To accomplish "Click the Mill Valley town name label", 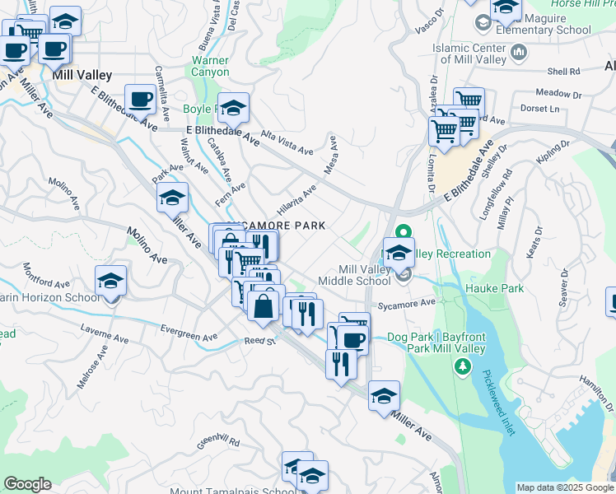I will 82,75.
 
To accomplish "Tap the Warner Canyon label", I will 210,66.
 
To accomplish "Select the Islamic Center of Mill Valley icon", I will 519,54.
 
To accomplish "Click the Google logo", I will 27,484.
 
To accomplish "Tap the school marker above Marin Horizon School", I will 110,282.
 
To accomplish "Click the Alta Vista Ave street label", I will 287,143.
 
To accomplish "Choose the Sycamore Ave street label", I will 405,303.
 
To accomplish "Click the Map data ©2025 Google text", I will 564,487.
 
